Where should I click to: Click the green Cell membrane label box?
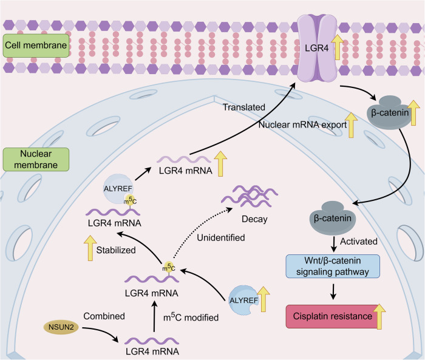36,46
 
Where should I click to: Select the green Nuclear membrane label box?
36,160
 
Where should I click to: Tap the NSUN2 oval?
61,327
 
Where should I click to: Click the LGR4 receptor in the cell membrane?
317,48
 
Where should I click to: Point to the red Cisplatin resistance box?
332,316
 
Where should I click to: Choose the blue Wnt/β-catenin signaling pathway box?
333,266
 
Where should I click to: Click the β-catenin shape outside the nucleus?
390,112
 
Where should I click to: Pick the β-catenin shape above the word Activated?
332,218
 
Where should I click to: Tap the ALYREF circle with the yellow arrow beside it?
243,301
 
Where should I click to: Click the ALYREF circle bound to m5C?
118,189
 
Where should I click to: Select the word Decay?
254,219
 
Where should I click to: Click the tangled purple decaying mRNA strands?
250,196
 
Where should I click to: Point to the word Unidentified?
221,238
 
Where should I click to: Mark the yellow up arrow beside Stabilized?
90,248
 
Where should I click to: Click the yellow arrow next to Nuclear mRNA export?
351,125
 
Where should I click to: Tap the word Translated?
244,107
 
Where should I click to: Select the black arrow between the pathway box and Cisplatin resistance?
333,291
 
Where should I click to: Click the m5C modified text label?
191,317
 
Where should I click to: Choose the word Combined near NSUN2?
104,316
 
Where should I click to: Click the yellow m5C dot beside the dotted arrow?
169,267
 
